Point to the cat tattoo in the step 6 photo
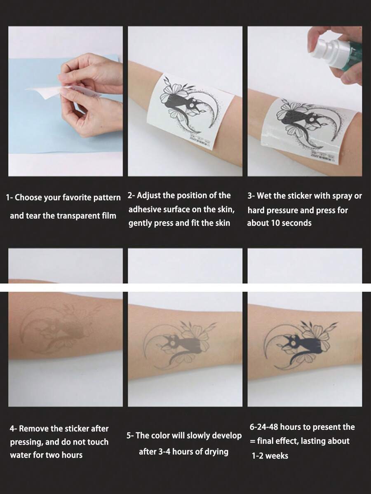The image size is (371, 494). click(294, 340)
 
